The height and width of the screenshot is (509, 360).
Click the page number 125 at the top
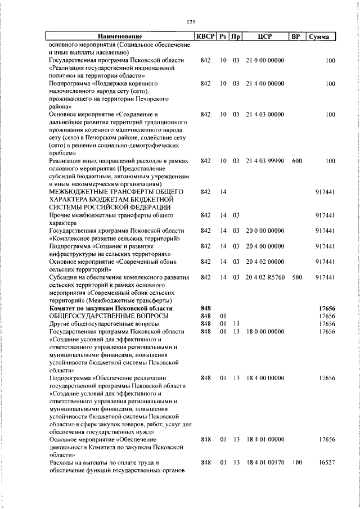pyautogui.click(x=190, y=22)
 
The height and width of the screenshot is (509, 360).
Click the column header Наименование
pyautogui.click(x=119, y=37)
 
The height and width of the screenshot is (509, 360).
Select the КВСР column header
pyautogui.click(x=205, y=37)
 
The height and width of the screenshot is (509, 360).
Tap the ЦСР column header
pyautogui.click(x=265, y=37)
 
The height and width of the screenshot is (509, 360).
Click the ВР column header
pyautogui.click(x=295, y=37)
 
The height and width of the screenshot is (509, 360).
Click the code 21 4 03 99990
pyautogui.click(x=265, y=161)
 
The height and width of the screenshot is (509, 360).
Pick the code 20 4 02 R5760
pyautogui.click(x=265, y=277)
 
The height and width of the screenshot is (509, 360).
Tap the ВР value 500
pyautogui.click(x=296, y=277)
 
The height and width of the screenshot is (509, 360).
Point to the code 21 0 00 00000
pyautogui.click(x=265, y=60)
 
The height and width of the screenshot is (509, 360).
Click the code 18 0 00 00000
pyautogui.click(x=265, y=331)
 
